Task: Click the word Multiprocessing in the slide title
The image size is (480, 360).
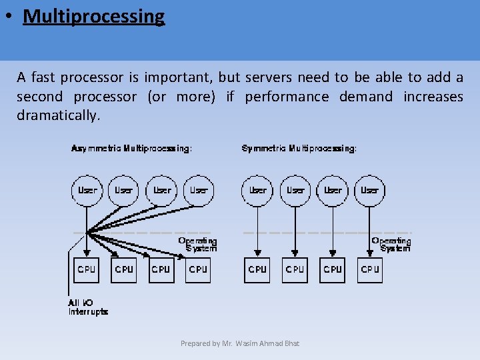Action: (x=93, y=16)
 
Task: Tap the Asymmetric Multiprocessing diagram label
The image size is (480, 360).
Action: (x=132, y=148)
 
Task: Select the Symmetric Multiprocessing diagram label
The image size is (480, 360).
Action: (x=299, y=148)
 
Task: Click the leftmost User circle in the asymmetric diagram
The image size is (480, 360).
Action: (x=87, y=190)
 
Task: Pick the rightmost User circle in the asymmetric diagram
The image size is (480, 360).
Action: (x=199, y=190)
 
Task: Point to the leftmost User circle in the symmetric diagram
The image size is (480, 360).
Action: (x=257, y=190)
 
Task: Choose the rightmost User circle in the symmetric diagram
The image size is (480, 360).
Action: (x=369, y=190)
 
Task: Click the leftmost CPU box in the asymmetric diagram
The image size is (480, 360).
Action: (x=87, y=269)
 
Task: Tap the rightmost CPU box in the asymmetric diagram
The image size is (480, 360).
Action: (x=198, y=269)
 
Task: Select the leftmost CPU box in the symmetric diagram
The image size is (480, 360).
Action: (x=257, y=269)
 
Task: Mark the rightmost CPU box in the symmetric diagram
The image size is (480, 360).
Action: (x=370, y=269)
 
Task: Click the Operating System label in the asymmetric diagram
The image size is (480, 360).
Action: (x=197, y=244)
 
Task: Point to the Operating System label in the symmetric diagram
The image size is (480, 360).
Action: (x=391, y=244)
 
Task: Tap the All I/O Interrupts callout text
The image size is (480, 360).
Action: (x=87, y=307)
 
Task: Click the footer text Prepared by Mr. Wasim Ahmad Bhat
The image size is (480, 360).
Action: (x=240, y=343)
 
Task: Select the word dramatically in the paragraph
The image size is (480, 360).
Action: (x=58, y=115)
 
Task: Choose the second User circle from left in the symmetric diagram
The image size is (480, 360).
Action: (x=295, y=190)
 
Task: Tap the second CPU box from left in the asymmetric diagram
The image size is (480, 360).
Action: (x=124, y=269)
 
